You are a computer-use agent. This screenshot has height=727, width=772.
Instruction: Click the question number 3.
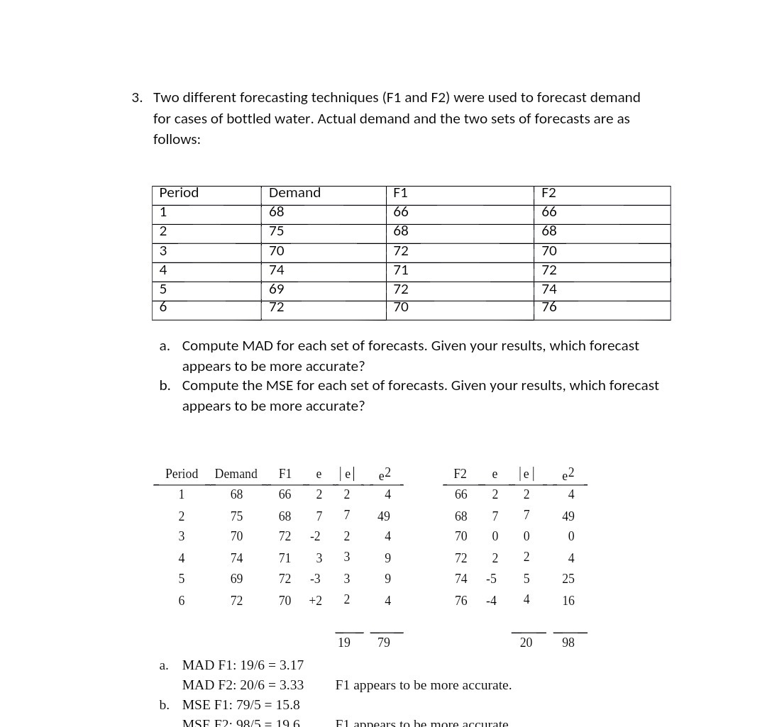coord(136,98)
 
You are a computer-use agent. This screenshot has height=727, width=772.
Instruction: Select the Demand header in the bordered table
coord(294,193)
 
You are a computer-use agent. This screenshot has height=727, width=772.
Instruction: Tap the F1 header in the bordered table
coord(400,193)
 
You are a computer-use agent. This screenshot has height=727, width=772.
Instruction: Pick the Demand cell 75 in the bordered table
coord(276,231)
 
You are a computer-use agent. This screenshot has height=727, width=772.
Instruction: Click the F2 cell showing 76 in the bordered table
coord(548,307)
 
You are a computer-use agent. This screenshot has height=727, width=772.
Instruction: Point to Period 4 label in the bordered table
coord(163,270)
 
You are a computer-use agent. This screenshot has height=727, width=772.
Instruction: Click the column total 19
coord(343,643)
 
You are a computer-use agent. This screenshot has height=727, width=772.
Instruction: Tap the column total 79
coord(383,643)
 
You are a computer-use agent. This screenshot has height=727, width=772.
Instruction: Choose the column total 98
coord(568,643)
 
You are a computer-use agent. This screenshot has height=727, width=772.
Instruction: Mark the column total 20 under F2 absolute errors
coord(526,643)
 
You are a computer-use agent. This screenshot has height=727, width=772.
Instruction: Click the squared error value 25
coord(568,579)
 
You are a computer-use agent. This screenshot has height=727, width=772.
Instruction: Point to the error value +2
coord(315,601)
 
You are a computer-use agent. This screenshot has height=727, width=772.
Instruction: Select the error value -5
coord(491,579)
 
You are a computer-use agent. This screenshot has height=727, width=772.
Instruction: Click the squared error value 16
coord(568,601)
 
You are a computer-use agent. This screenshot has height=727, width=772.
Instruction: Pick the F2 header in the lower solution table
coord(460,474)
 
